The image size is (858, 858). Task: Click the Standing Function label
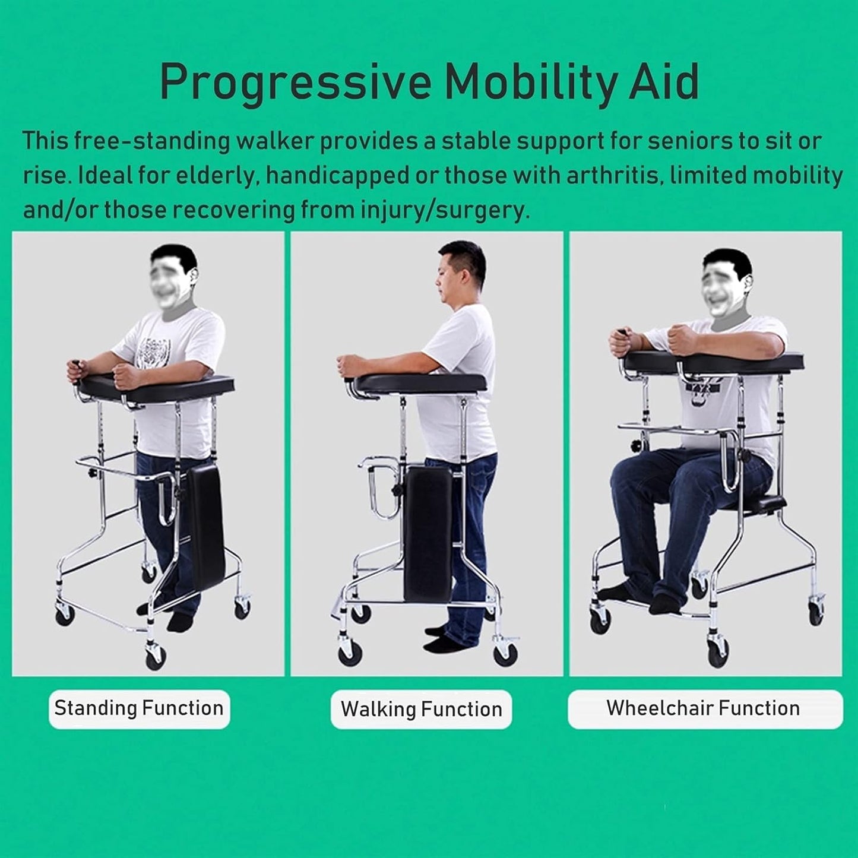139,708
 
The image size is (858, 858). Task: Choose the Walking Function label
421,710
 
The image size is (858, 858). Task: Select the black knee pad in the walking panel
426,534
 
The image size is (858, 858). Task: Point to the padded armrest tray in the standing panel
157,389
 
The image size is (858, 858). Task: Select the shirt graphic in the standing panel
153,353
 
